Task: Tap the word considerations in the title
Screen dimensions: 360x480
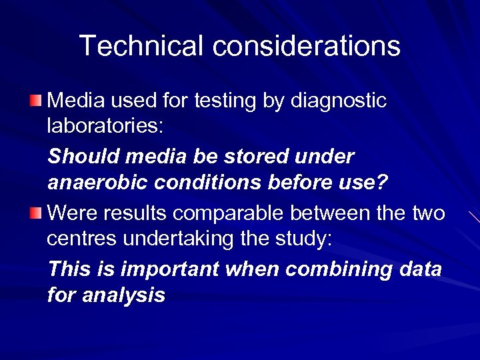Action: pyautogui.click(x=307, y=46)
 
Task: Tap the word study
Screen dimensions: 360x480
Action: pyautogui.click(x=303, y=238)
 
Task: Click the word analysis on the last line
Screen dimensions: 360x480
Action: pyautogui.click(x=123, y=294)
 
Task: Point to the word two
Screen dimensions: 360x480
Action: pyautogui.click(x=429, y=213)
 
